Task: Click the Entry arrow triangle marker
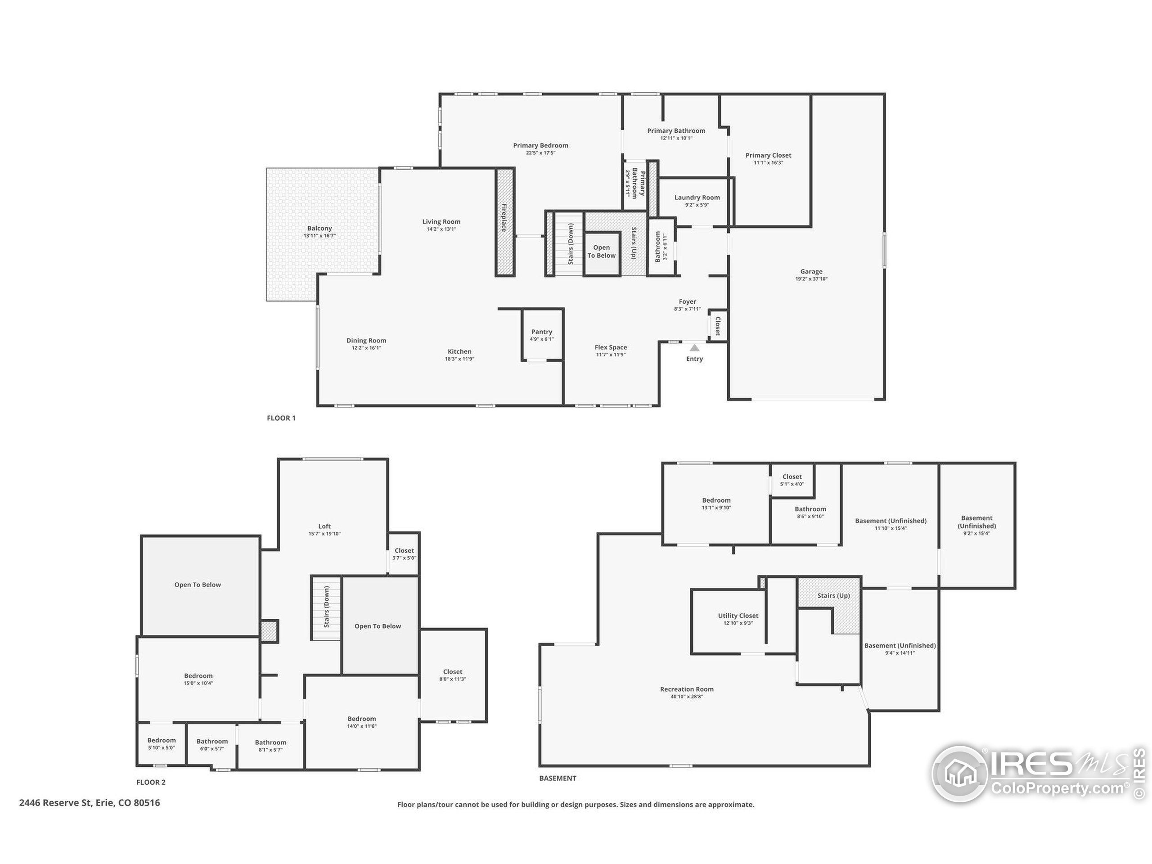(695, 347)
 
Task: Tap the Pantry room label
(542, 332)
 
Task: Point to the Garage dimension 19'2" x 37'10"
(811, 279)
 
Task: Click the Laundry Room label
(697, 198)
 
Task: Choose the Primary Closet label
(768, 155)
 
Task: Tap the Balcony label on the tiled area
(319, 228)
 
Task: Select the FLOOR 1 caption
(281, 418)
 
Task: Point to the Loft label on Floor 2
(324, 526)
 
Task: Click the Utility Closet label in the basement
(738, 616)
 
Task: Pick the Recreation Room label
(686, 689)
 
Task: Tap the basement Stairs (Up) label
(833, 595)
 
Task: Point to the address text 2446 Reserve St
(89, 802)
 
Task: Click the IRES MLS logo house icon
(960, 774)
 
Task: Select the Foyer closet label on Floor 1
(718, 326)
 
